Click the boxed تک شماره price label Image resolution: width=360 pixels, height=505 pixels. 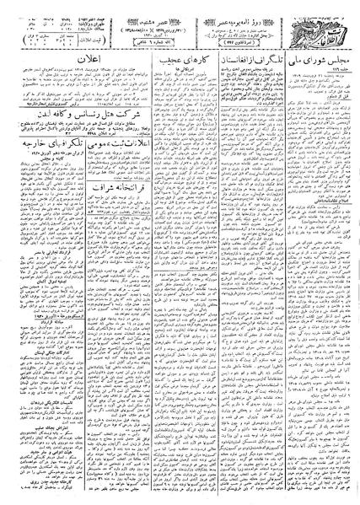tap(160, 42)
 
